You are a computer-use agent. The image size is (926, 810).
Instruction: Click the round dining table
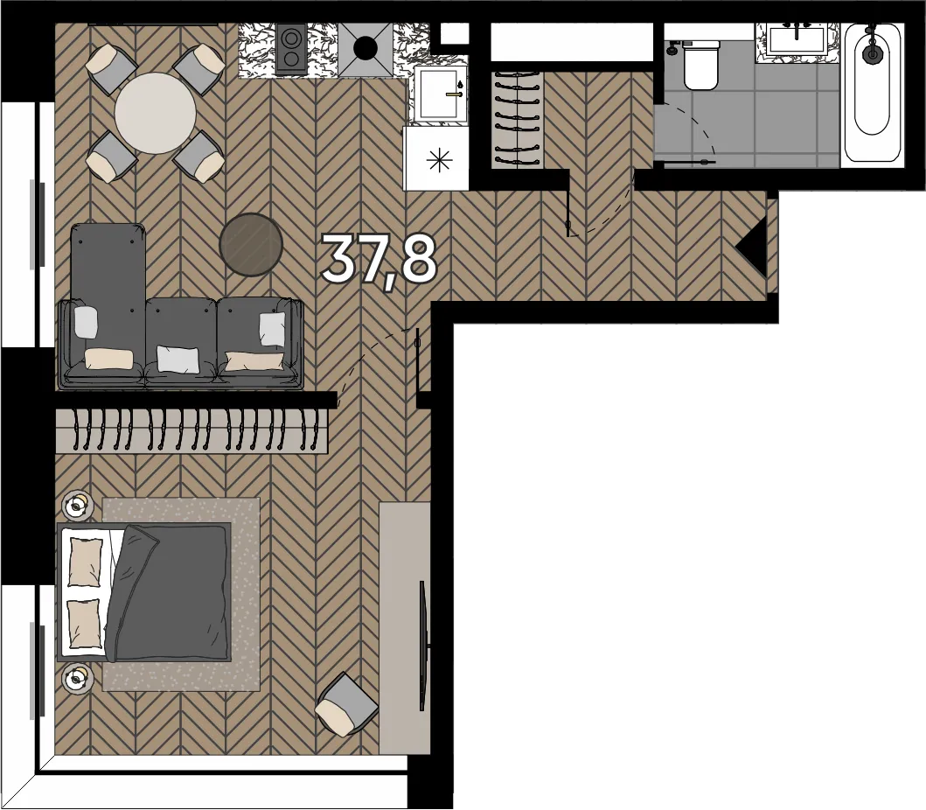pyautogui.click(x=156, y=113)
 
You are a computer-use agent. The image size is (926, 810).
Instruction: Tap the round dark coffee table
pyautogui.click(x=251, y=245)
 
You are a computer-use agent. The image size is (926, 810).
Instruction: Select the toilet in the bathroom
pyautogui.click(x=701, y=64)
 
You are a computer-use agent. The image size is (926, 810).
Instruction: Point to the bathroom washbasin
pyautogui.click(x=797, y=39)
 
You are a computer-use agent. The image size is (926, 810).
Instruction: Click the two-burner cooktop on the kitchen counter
pyautogui.click(x=291, y=49)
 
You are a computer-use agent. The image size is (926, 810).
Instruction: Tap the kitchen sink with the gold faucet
pyautogui.click(x=440, y=94)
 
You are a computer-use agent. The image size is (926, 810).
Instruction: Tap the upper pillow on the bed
pyautogui.click(x=86, y=562)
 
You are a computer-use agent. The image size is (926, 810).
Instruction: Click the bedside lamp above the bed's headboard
pyautogui.click(x=77, y=506)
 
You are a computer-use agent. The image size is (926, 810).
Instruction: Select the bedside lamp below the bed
pyautogui.click(x=78, y=679)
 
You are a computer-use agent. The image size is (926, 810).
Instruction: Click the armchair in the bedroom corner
pyautogui.click(x=346, y=705)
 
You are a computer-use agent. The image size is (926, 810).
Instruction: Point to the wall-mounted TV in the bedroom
pyautogui.click(x=422, y=646)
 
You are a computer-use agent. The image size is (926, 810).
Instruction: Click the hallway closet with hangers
pyautogui.click(x=518, y=120)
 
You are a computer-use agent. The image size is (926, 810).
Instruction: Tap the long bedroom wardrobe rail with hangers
pyautogui.click(x=191, y=430)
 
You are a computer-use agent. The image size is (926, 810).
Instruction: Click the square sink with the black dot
pyautogui.click(x=366, y=50)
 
